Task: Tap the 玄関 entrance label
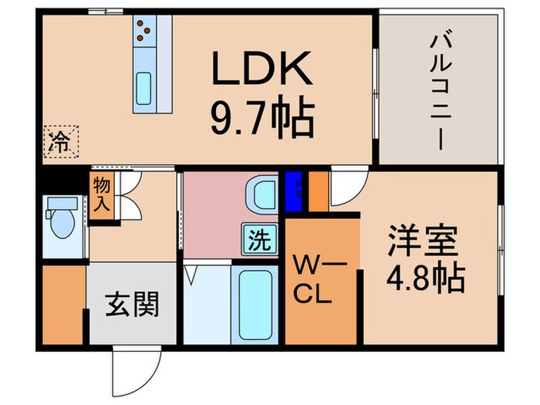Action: click(130, 304)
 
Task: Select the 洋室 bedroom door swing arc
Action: click(345, 189)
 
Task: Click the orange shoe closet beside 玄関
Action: click(62, 304)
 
